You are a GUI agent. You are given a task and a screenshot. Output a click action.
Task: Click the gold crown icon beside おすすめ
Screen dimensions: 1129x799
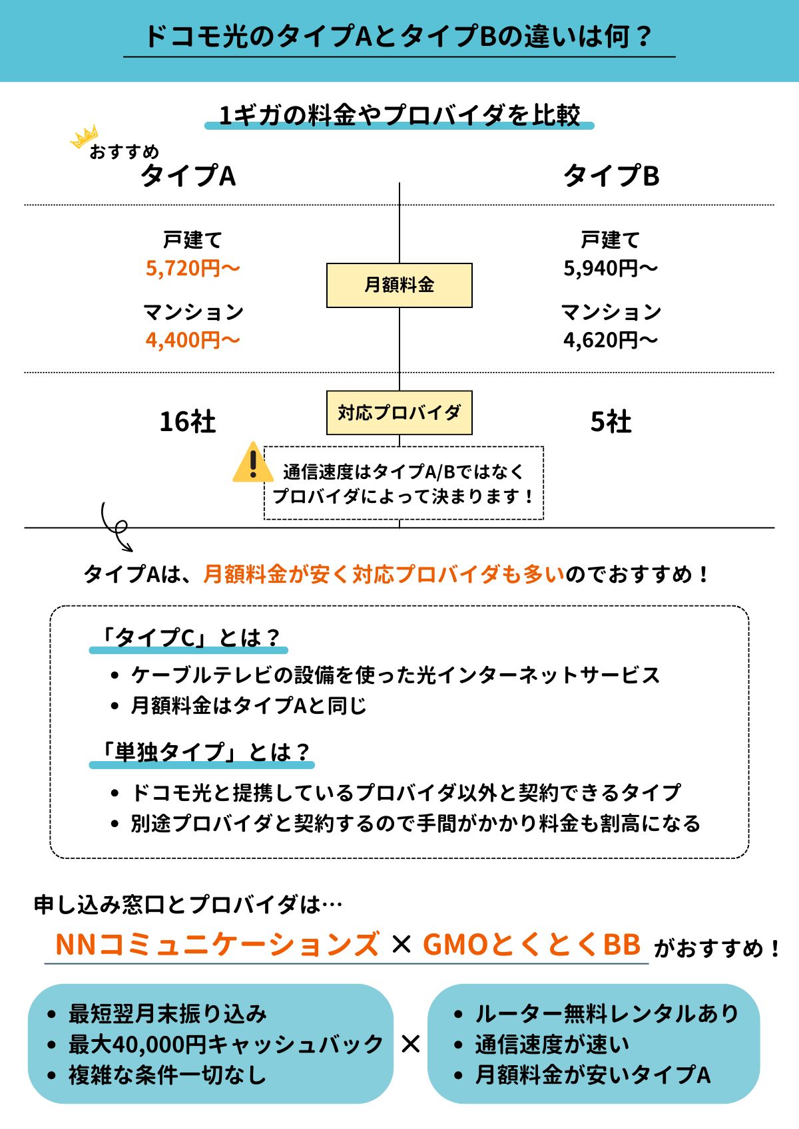click(x=84, y=138)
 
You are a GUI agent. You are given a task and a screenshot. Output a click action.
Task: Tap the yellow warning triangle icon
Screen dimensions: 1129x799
click(x=252, y=463)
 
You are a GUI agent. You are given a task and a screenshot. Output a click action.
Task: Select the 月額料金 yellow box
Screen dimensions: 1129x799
click(x=399, y=285)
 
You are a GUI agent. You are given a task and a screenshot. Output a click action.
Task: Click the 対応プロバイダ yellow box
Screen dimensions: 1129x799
click(x=399, y=413)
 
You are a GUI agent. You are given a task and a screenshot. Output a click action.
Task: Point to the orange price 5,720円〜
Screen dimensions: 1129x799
click(x=192, y=268)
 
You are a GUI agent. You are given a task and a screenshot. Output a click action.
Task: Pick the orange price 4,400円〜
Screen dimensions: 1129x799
click(x=192, y=340)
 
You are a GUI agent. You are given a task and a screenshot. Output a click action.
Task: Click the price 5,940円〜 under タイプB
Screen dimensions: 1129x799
click(x=610, y=268)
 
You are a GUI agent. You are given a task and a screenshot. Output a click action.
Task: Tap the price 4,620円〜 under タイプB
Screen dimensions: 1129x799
click(x=610, y=340)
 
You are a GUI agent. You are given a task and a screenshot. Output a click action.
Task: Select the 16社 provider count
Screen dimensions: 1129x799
click(x=187, y=422)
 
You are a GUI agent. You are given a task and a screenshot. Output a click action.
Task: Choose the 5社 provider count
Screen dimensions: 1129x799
click(x=611, y=422)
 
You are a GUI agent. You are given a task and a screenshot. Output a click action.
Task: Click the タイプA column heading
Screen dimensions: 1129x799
click(x=188, y=176)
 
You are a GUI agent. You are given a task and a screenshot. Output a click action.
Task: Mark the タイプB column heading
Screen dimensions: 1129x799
click(x=611, y=176)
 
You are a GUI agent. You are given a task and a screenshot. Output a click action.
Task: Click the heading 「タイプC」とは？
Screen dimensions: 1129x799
click(x=188, y=637)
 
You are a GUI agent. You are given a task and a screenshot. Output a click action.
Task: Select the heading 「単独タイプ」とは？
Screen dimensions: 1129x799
click(x=202, y=752)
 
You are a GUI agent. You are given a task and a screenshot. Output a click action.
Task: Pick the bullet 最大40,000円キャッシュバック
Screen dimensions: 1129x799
click(x=225, y=1045)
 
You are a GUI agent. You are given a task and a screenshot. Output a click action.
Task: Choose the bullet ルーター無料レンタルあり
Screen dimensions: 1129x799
click(x=606, y=1014)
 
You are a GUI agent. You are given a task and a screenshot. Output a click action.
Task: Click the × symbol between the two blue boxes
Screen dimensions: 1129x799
click(x=411, y=1044)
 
